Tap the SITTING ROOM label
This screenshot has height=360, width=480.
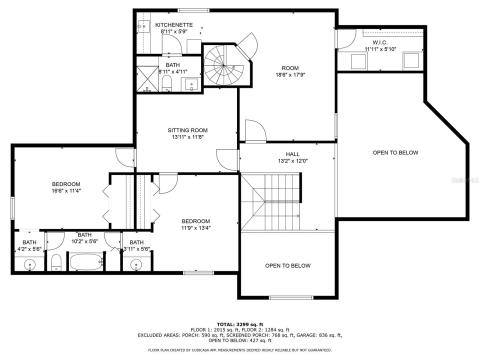(x=186, y=132)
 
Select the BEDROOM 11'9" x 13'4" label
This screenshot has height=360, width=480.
(x=195, y=223)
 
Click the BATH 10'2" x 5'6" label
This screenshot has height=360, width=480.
(x=84, y=238)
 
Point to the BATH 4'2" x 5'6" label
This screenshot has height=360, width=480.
(x=29, y=244)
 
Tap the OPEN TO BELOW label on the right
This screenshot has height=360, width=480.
(x=395, y=152)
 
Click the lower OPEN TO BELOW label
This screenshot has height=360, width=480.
(x=288, y=265)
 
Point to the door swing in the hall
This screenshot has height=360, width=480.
(x=255, y=134)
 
